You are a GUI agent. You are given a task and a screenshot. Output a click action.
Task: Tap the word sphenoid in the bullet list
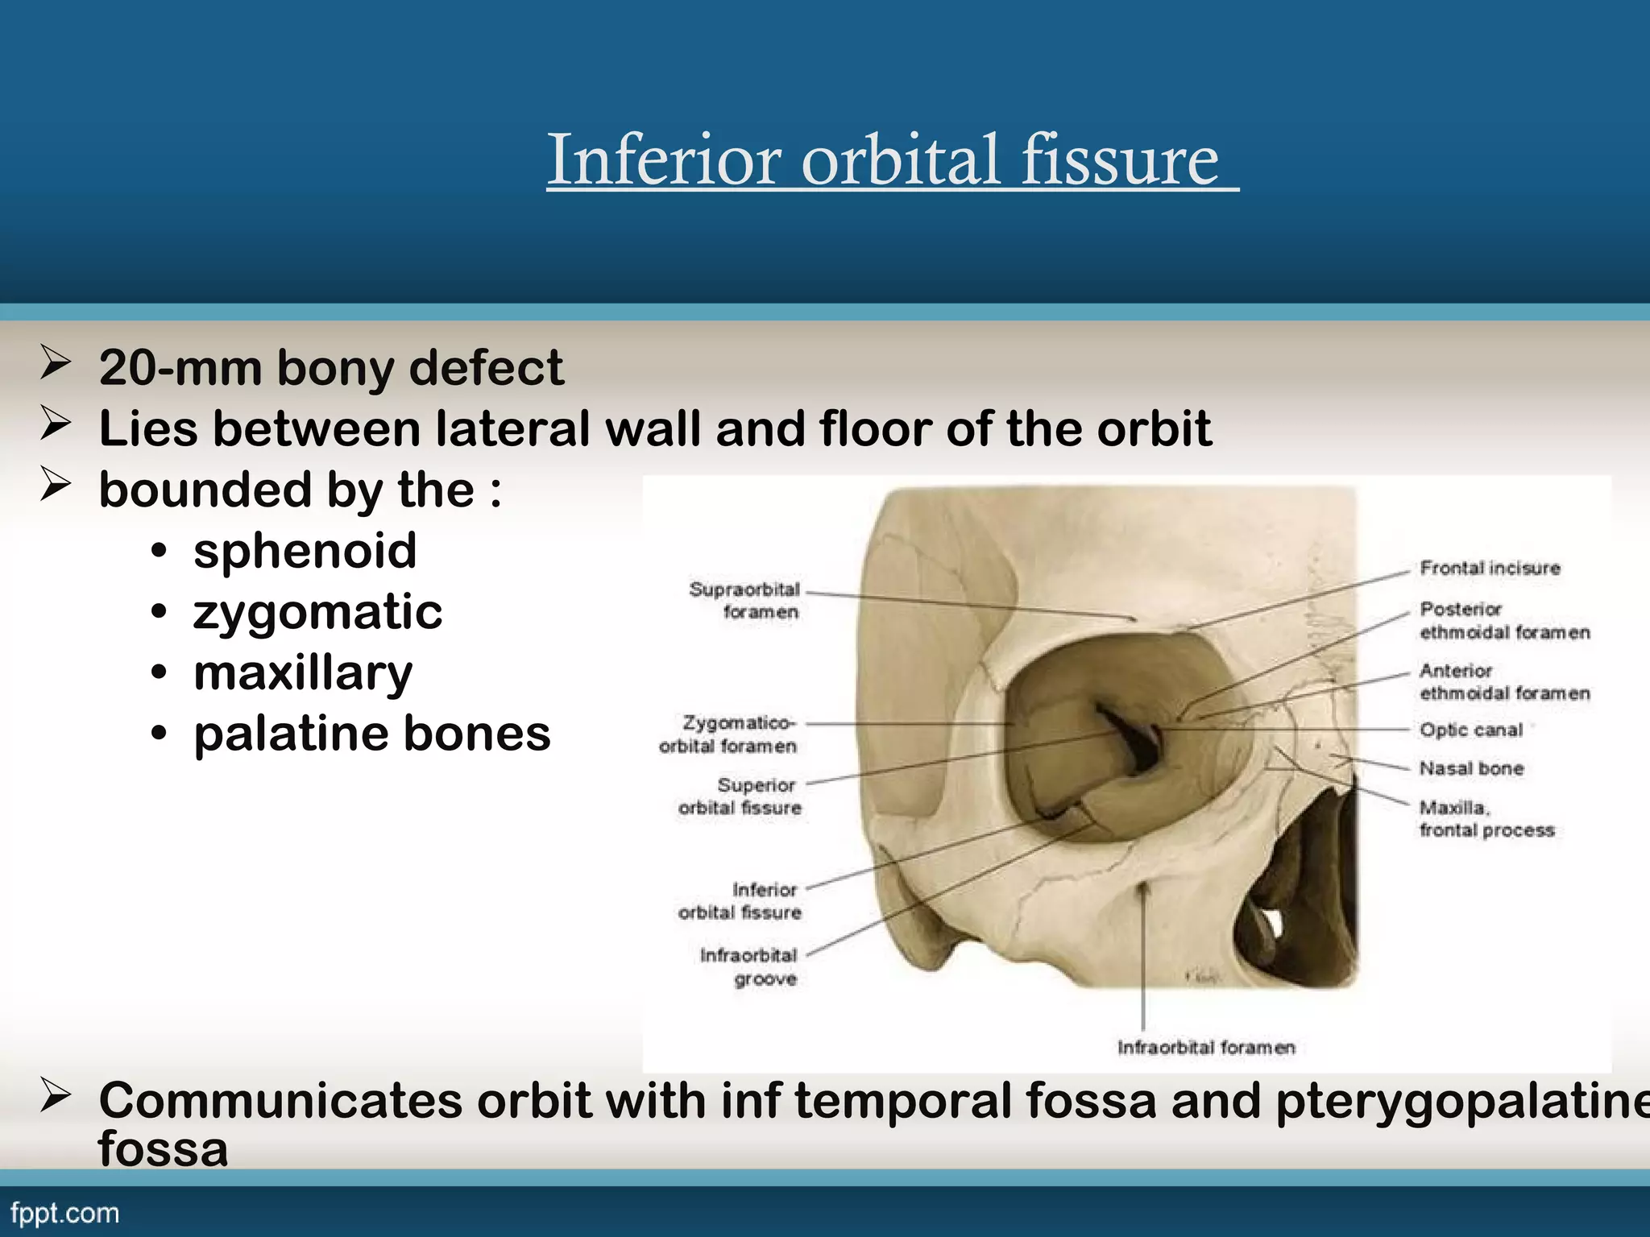click(305, 551)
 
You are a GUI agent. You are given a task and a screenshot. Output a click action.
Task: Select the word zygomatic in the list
click(317, 612)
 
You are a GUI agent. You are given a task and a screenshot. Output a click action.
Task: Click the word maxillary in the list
click(303, 673)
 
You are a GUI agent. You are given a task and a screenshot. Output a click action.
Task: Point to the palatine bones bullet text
click(371, 734)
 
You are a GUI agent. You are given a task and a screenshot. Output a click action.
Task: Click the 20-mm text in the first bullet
click(180, 368)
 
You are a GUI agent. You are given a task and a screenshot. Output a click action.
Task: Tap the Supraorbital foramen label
click(745, 601)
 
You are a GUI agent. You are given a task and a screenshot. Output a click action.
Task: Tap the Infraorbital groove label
click(749, 967)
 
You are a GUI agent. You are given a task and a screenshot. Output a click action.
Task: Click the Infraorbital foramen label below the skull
click(1206, 1048)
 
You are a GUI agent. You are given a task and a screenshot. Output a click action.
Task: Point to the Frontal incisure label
click(1490, 568)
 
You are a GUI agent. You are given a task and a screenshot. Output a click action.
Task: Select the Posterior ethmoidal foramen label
click(1504, 621)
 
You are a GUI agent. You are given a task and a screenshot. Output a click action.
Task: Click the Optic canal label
click(1471, 730)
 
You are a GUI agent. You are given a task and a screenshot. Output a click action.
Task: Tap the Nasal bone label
click(1471, 768)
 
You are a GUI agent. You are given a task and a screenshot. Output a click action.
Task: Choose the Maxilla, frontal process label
click(1486, 818)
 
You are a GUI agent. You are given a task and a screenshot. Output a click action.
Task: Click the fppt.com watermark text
click(64, 1213)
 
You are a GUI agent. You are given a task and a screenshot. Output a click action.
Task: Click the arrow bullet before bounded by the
click(55, 486)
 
